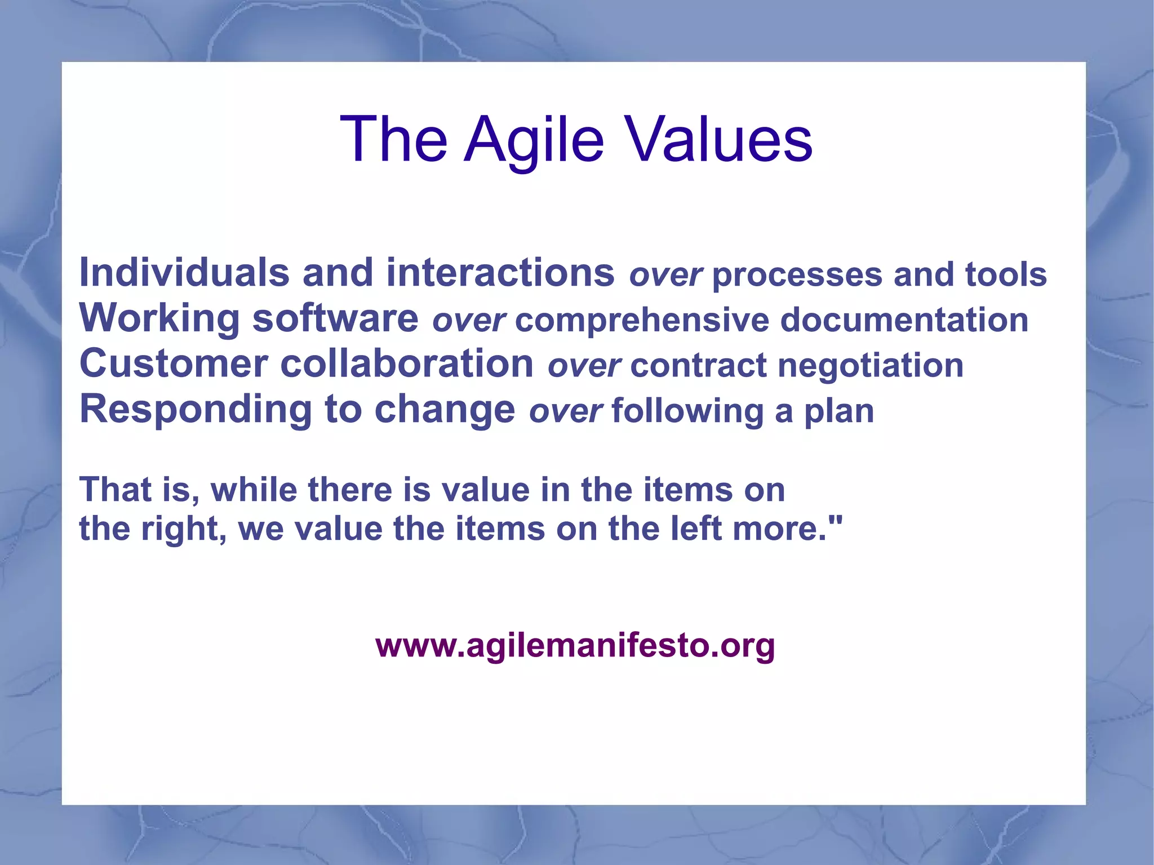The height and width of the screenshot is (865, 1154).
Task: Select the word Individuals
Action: tap(184, 273)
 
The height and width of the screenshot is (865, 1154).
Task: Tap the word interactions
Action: tap(500, 273)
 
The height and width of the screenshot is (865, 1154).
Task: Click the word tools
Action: tap(1006, 274)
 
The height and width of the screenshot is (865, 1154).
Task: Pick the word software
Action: tap(335, 318)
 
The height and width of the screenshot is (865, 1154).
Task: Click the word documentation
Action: tap(904, 320)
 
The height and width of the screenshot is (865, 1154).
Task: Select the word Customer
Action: tap(174, 364)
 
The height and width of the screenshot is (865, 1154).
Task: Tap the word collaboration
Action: tap(407, 364)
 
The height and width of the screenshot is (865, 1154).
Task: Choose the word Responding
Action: tap(196, 410)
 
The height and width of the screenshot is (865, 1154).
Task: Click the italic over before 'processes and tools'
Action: tap(665, 276)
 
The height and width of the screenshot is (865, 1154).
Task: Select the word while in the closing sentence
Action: tap(254, 490)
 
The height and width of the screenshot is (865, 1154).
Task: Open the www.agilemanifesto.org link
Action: tap(575, 645)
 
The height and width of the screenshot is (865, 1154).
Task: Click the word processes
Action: tap(797, 276)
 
